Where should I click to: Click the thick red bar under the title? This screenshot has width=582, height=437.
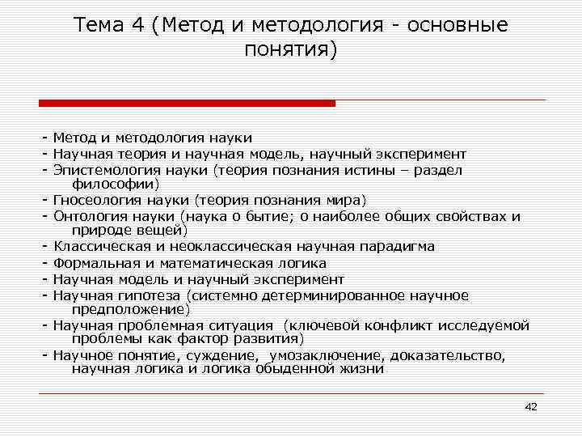click(x=187, y=103)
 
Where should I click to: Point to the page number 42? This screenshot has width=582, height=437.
click(x=531, y=406)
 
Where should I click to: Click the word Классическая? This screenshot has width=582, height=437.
click(x=99, y=247)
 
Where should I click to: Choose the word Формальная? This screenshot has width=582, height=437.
click(x=92, y=263)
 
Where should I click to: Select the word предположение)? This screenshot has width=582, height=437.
click(x=131, y=308)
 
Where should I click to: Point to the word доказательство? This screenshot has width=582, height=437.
click(x=449, y=356)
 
